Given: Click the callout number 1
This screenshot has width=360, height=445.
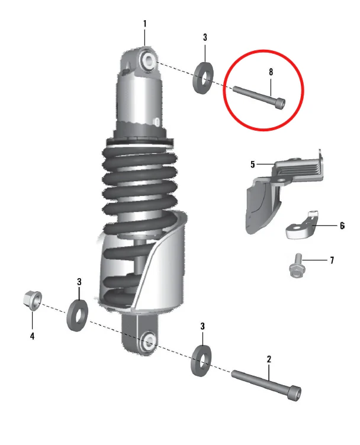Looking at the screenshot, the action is point(145,24).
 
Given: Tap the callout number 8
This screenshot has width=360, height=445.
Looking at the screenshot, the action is point(271,72).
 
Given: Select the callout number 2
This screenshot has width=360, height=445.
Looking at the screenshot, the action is point(269,359).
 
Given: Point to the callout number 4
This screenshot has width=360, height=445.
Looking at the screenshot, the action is point(32,336).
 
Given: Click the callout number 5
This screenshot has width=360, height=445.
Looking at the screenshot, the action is point(253,165).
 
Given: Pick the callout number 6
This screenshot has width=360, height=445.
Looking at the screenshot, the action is point(342,225).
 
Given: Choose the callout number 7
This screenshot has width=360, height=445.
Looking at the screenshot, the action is point(332,260).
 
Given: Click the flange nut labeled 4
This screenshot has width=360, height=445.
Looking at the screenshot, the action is point(33,301).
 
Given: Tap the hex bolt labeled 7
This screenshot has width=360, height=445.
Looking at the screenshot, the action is point(296,266).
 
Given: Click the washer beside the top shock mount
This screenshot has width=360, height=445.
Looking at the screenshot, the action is point(203,77).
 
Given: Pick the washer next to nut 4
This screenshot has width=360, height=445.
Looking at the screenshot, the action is point(77,315).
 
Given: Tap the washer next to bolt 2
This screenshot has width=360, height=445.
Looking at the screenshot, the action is point(201,361).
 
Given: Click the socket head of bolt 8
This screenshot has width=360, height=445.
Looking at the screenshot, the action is point(280,102).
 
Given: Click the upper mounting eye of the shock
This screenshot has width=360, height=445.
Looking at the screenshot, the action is point(148,60).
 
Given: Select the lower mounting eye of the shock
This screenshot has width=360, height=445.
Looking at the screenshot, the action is point(147,342).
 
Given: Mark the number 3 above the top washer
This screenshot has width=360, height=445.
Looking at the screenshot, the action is point(205,37).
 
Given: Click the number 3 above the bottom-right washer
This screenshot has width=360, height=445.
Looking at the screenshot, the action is point(202,326).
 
